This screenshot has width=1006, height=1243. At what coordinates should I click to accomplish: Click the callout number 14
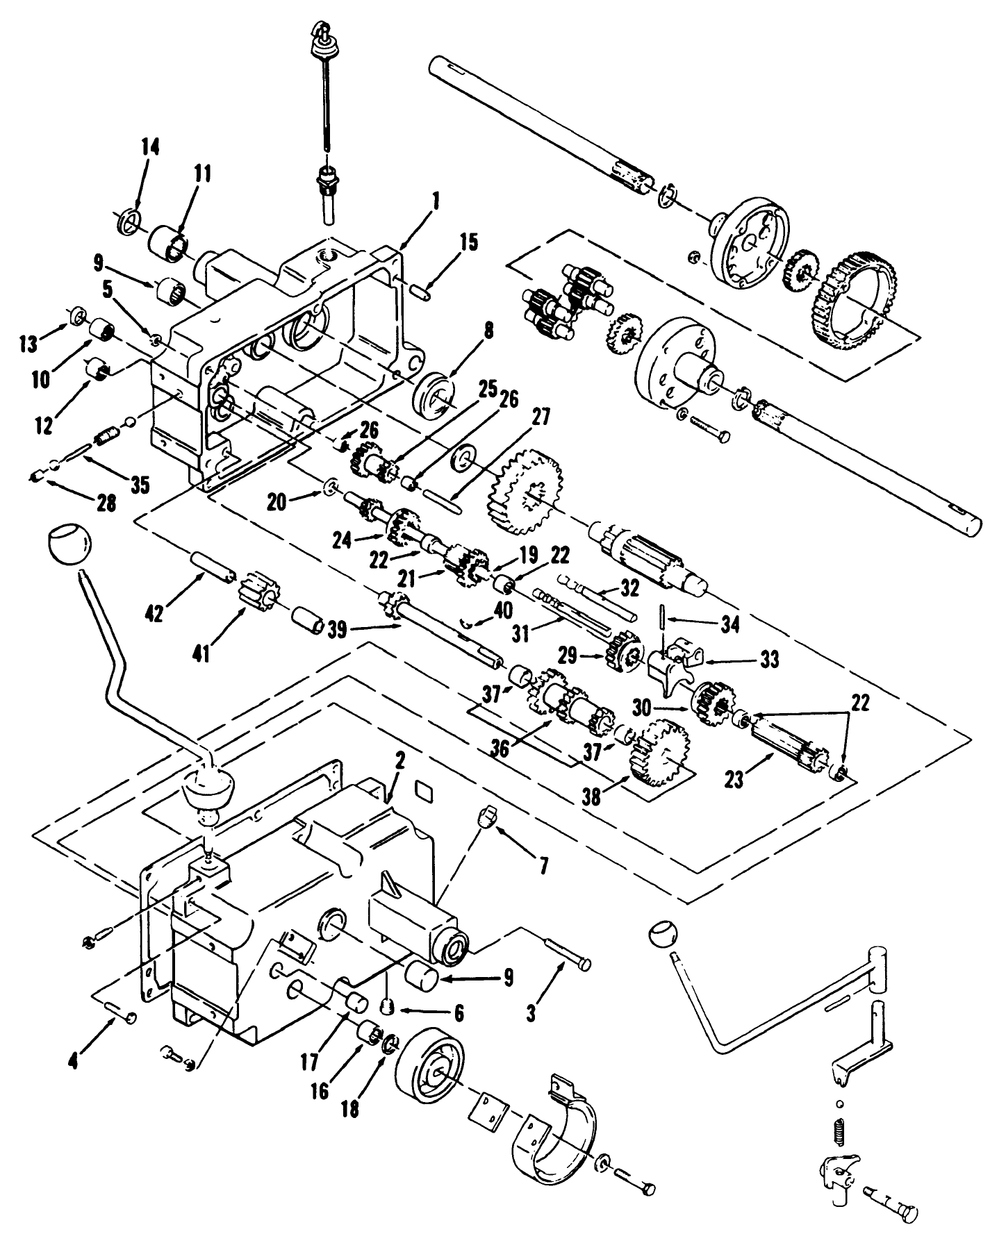[x=151, y=147]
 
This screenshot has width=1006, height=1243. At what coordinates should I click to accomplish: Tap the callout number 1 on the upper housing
[x=435, y=202]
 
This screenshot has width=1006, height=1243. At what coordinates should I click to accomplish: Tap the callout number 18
[x=351, y=1110]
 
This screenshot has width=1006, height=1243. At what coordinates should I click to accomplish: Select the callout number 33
[x=769, y=659]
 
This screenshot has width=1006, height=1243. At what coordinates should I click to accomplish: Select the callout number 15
[x=469, y=242]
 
